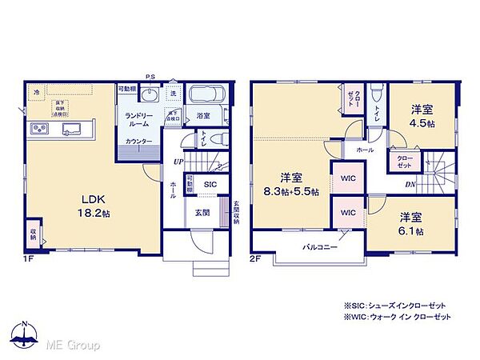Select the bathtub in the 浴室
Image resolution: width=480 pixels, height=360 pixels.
[207, 98]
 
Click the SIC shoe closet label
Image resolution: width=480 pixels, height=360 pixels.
[210, 184]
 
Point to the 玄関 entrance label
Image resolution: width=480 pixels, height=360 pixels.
[202, 212]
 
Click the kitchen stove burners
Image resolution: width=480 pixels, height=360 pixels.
[38, 130]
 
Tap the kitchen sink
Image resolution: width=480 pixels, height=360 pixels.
[67, 130]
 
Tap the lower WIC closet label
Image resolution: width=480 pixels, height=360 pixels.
[348, 214]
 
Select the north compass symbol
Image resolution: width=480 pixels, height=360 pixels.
[23, 335]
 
